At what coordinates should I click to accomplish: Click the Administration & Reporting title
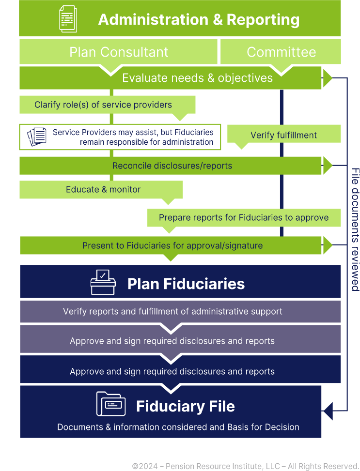(199, 20)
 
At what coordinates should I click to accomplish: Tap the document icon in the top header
(68, 19)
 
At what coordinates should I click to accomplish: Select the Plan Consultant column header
(119, 52)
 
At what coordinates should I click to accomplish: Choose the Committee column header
(281, 52)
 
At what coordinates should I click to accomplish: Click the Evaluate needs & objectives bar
(197, 78)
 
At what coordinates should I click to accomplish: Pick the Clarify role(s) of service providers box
(103, 105)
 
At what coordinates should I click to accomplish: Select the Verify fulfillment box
(283, 135)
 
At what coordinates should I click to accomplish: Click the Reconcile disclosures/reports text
(172, 166)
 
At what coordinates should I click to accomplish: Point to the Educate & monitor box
(103, 189)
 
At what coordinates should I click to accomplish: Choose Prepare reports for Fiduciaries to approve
(244, 218)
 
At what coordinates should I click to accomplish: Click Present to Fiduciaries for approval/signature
(172, 245)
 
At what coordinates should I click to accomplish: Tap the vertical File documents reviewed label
(355, 229)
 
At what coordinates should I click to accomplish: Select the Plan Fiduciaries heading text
(186, 284)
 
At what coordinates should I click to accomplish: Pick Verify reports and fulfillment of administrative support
(172, 311)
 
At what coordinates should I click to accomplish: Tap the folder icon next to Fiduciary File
(111, 404)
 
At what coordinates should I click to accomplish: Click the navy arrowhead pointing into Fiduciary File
(328, 410)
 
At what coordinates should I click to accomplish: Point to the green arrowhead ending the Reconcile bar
(328, 166)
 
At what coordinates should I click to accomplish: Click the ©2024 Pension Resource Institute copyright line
(245, 466)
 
